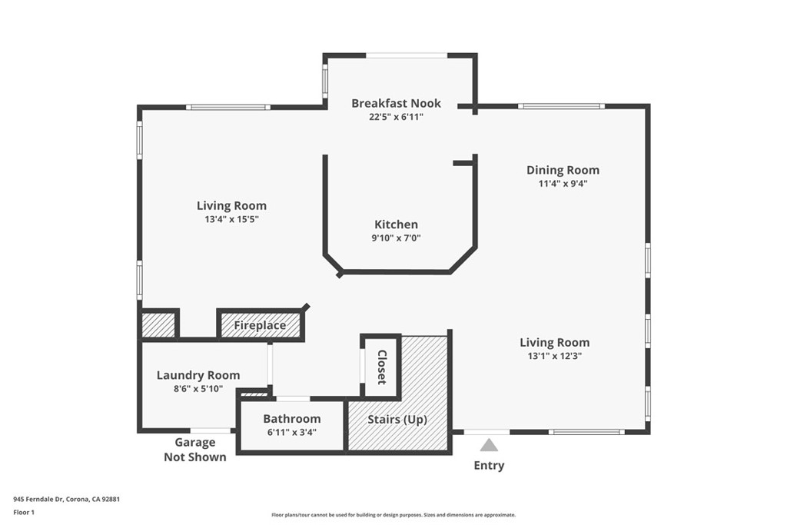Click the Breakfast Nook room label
(x=396, y=103)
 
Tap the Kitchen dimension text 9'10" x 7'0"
(x=396, y=238)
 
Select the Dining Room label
(x=563, y=170)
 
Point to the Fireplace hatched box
(x=260, y=325)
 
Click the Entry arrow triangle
(x=490, y=445)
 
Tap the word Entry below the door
(x=489, y=465)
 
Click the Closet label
(x=381, y=367)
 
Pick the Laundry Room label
(x=198, y=375)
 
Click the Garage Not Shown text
(x=194, y=450)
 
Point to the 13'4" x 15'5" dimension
(x=231, y=219)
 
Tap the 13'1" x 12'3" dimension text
(x=554, y=356)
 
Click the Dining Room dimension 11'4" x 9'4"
(x=563, y=184)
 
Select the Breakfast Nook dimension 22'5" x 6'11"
(x=396, y=117)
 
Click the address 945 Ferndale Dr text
(x=66, y=499)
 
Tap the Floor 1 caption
(x=24, y=511)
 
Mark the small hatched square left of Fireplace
(x=159, y=324)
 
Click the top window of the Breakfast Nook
(x=406, y=55)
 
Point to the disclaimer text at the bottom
(x=393, y=515)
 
